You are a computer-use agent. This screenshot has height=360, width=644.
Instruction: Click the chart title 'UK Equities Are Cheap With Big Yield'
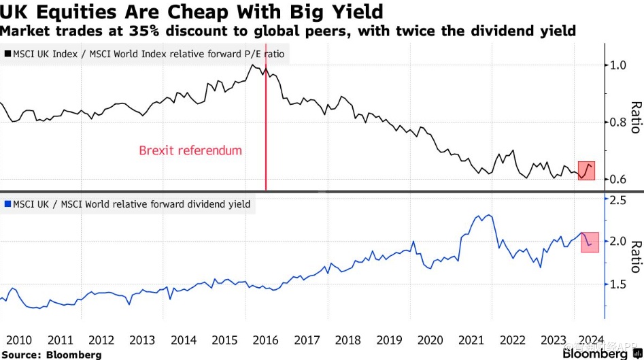[192, 12]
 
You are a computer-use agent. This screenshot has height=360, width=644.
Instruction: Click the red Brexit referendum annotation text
[190, 150]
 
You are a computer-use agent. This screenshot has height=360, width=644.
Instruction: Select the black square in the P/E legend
[7, 53]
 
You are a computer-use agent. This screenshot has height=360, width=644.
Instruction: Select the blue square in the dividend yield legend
[7, 203]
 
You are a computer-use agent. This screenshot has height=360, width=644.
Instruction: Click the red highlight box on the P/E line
[587, 171]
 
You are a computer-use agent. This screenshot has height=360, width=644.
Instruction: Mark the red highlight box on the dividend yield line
[590, 242]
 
